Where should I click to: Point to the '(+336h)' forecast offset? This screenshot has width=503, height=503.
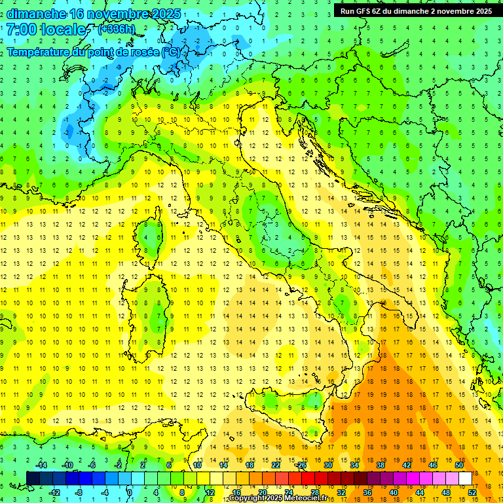(116, 29)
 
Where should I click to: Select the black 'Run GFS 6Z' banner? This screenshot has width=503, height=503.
(416, 11)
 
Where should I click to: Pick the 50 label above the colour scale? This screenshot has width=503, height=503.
(458, 464)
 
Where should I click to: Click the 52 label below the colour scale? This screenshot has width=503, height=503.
(472, 492)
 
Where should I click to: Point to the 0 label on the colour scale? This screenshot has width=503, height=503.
(130, 492)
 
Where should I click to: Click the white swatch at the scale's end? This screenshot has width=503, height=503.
(465, 478)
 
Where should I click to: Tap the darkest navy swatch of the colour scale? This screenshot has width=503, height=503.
(33, 478)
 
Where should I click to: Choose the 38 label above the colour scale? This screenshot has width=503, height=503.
(380, 464)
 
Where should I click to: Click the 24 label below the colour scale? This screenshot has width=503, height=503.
(288, 492)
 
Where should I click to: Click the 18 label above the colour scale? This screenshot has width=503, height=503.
(249, 464)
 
